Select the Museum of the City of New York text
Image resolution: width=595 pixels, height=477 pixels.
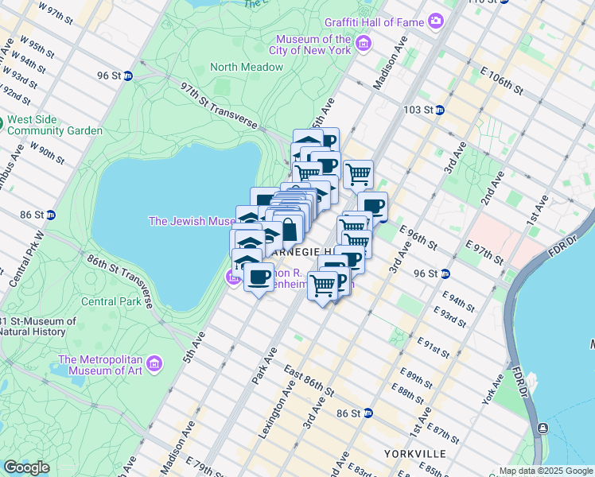click(313, 45)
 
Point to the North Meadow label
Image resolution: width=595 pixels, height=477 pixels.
click(247, 67)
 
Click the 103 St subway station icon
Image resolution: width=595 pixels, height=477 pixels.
click(438, 109)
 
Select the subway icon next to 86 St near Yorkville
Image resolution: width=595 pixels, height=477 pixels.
click(368, 413)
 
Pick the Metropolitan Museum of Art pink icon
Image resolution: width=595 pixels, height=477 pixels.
click(154, 364)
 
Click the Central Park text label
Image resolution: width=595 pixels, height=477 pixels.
click(111, 301)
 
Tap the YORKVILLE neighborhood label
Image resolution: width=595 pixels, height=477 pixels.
click(413, 453)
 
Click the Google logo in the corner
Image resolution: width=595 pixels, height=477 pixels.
click(25, 467)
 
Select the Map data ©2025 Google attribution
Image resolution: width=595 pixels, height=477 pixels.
click(546, 471)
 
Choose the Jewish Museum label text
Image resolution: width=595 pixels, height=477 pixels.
click(191, 221)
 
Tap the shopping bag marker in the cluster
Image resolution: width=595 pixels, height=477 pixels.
click(289, 229)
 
